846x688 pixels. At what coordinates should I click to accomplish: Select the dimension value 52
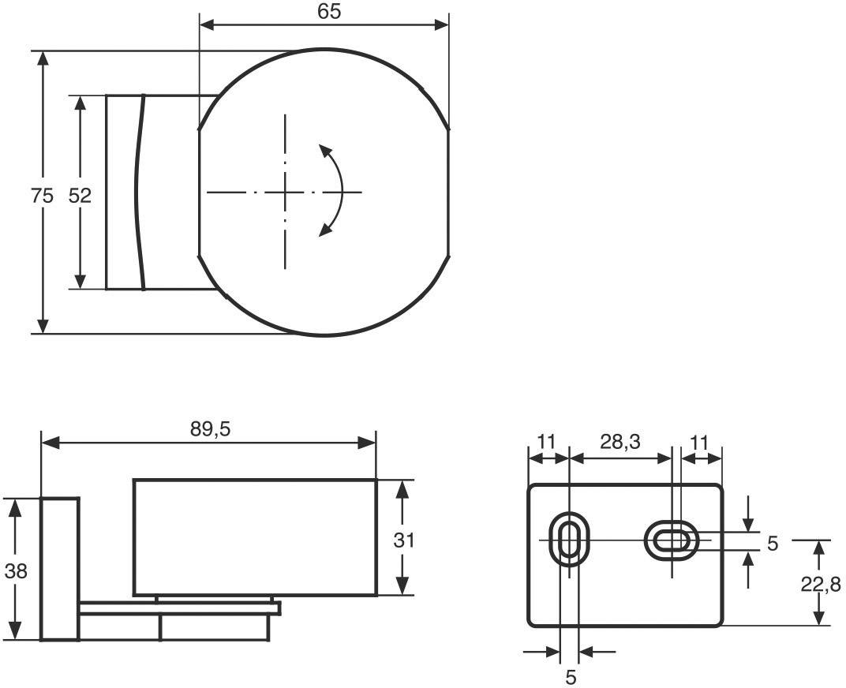[80, 196]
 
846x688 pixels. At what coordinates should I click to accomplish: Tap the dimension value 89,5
[209, 428]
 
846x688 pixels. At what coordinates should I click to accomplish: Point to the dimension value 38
[15, 570]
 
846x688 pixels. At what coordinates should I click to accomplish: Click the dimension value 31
[403, 540]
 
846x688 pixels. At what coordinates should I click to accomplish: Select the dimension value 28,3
[620, 442]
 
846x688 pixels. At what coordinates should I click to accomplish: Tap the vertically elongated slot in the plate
[567, 540]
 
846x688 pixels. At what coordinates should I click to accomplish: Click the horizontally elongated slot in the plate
[672, 540]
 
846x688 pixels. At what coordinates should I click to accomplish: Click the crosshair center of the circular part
[286, 192]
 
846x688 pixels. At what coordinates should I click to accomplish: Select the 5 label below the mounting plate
[571, 677]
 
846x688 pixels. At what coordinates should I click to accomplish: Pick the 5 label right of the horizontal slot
[772, 543]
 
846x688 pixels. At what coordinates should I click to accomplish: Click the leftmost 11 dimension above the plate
[546, 442]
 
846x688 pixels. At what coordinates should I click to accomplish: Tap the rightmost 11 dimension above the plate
[699, 442]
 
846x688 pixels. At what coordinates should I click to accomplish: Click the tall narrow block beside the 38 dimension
[59, 568]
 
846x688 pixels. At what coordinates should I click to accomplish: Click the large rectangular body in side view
[254, 537]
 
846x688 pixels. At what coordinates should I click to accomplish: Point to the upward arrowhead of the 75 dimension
[43, 60]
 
